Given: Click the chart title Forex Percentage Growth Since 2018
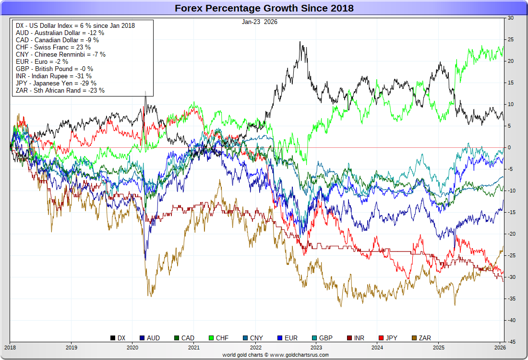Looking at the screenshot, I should point(264,8).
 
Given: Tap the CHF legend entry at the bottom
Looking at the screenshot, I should point(218,338).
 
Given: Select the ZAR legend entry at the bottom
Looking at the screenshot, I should point(421,338).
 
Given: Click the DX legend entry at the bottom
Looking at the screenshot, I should point(118,338).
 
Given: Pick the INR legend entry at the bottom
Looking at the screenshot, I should point(355,338).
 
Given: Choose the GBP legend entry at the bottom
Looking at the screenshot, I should point(322,338).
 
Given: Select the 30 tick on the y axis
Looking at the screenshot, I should point(511,18).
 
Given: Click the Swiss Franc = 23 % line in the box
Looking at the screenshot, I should point(53,47).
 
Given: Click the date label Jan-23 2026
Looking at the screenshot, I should point(260,22).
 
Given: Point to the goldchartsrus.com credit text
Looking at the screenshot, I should point(276,355).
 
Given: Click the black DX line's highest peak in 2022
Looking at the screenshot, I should point(300,42).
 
